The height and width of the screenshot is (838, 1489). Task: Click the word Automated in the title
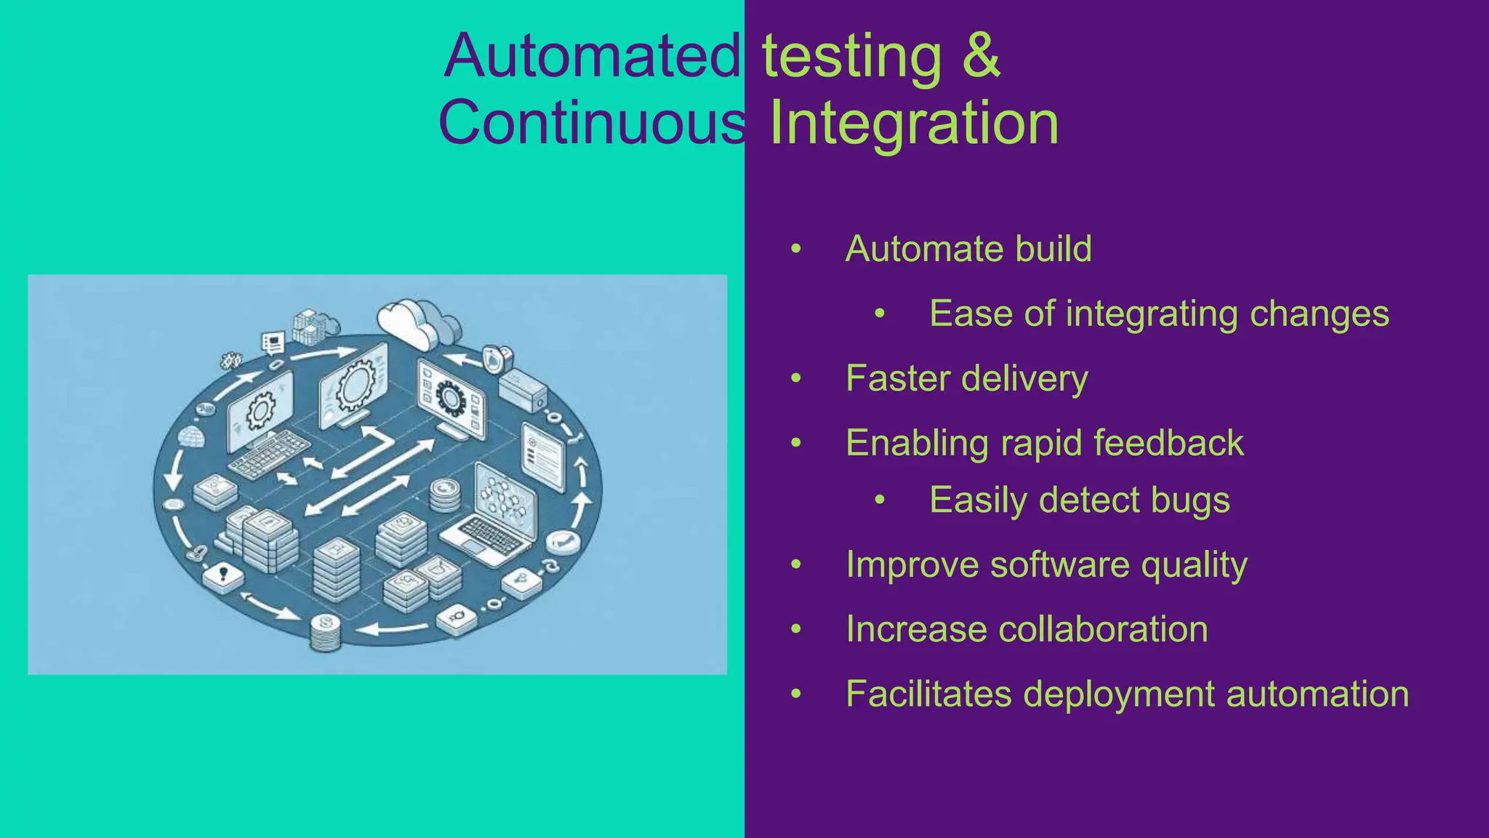(592, 57)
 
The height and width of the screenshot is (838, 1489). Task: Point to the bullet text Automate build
(968, 249)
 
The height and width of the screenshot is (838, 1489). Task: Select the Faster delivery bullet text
(966, 378)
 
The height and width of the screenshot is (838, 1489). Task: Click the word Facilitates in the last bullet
(928, 693)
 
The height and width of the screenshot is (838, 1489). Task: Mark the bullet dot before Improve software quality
(796, 565)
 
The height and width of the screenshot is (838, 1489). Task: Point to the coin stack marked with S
(325, 631)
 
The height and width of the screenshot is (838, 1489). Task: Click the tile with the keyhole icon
(223, 576)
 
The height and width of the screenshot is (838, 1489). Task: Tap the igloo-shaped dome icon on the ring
(191, 437)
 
